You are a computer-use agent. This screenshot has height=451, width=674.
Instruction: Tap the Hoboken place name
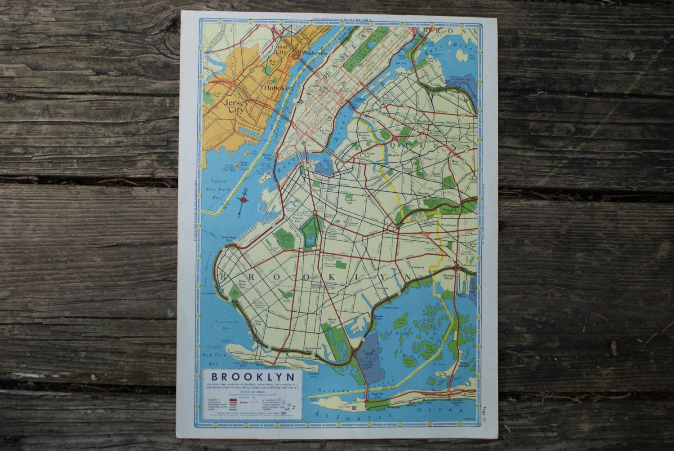point(279,88)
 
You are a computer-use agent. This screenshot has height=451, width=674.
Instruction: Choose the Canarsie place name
point(383,288)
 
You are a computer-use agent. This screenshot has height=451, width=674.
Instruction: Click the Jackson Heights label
point(446,122)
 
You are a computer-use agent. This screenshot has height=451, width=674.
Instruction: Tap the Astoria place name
point(405,72)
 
